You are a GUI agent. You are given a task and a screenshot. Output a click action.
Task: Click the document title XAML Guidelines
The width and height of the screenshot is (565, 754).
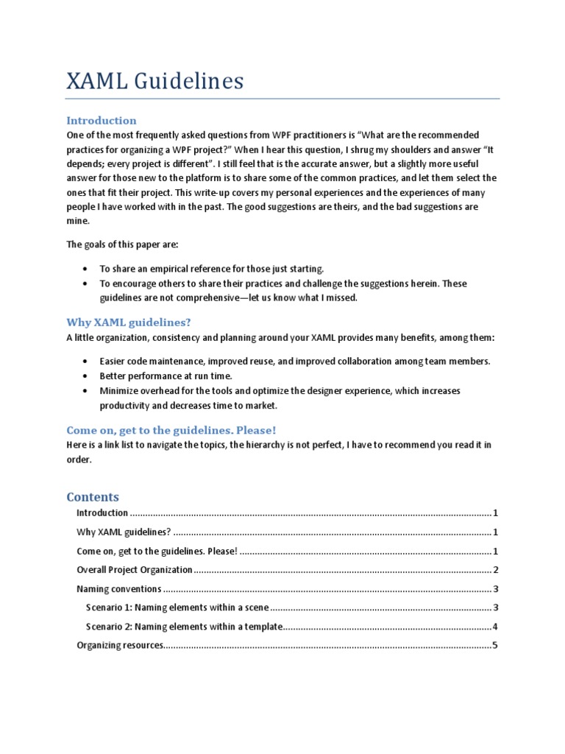coord(154,81)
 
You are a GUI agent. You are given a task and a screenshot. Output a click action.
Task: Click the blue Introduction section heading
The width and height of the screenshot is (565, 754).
coord(102,120)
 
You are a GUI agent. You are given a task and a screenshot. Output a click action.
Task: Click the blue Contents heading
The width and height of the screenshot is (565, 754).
coord(93,496)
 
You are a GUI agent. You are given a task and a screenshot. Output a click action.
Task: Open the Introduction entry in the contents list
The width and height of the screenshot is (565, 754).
coord(102,513)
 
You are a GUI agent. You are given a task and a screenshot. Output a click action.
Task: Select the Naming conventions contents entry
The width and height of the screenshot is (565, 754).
coord(119,589)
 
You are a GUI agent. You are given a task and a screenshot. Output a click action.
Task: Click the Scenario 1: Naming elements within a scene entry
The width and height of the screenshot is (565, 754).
coord(178,608)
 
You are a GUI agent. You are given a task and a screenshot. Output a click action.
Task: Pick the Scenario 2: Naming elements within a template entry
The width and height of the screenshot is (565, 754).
coord(184,627)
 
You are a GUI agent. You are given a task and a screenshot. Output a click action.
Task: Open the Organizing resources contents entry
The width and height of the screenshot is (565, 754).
coord(118,646)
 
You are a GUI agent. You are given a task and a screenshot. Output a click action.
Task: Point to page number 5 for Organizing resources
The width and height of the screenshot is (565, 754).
coord(496,646)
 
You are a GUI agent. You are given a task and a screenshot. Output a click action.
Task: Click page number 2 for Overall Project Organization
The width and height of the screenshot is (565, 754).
coord(497,570)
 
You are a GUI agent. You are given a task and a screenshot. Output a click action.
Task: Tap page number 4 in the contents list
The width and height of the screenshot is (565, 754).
coord(496,627)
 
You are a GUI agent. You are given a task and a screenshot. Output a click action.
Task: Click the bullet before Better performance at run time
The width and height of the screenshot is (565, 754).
coord(86,376)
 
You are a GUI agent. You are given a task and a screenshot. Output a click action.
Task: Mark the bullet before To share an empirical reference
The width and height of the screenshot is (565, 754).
coord(86,269)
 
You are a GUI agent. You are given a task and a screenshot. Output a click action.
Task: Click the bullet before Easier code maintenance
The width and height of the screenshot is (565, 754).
coord(86,362)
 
